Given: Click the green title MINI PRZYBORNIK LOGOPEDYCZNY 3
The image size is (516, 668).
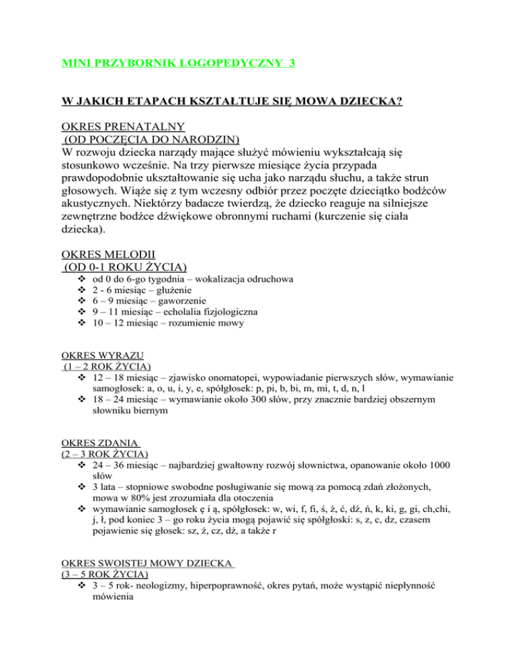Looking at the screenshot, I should coord(178,64).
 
